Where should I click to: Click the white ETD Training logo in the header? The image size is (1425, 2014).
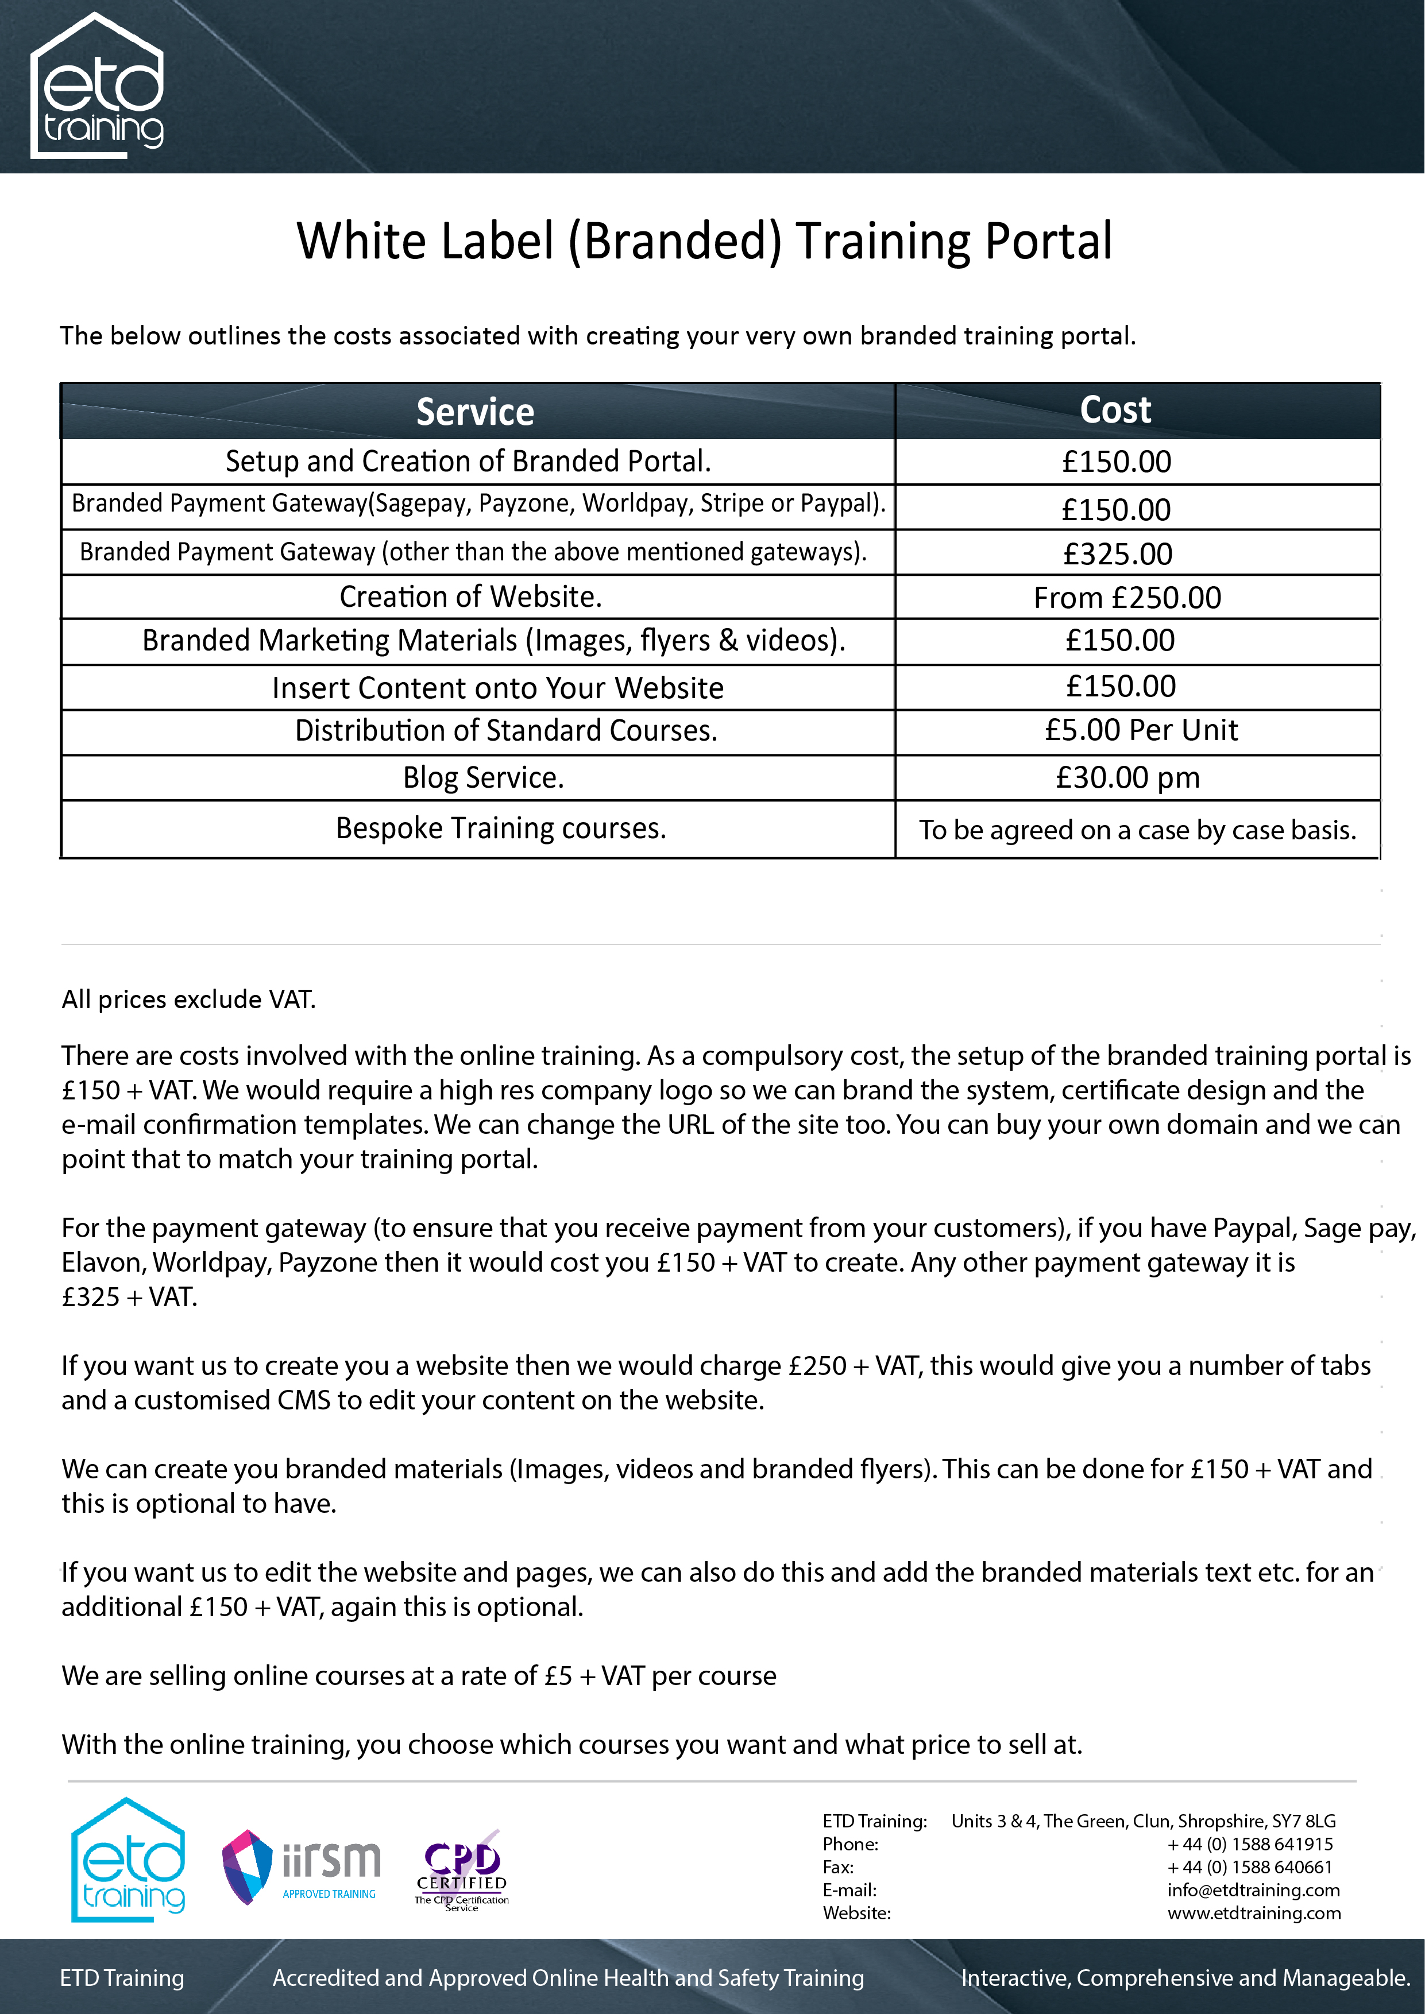pyautogui.click(x=98, y=86)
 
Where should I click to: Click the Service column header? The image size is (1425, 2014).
pyautogui.click(x=474, y=412)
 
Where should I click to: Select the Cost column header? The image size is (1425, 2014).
pyautogui.click(x=1115, y=410)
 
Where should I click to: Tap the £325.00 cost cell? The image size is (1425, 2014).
pyautogui.click(x=1118, y=553)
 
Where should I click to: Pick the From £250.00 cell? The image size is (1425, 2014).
pyautogui.click(x=1127, y=597)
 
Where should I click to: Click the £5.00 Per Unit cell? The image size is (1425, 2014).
pyautogui.click(x=1141, y=730)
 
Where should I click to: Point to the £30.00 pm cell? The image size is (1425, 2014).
pyautogui.click(x=1127, y=777)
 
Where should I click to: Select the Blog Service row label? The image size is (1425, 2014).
pyautogui.click(x=482, y=777)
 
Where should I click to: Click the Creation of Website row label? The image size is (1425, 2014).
pyautogui.click(x=470, y=597)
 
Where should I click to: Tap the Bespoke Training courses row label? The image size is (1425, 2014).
pyautogui.click(x=501, y=828)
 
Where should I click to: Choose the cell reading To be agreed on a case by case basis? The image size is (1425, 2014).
pyautogui.click(x=1137, y=830)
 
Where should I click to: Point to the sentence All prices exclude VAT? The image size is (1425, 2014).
pyautogui.click(x=188, y=999)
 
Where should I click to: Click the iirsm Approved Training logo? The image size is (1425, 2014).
pyautogui.click(x=301, y=1866)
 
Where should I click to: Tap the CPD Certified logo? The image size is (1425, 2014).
pyautogui.click(x=462, y=1868)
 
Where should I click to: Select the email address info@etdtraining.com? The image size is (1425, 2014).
pyautogui.click(x=1253, y=1889)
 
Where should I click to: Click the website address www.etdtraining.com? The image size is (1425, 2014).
pyautogui.click(x=1254, y=1912)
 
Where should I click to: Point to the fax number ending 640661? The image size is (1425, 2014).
pyautogui.click(x=1249, y=1866)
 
